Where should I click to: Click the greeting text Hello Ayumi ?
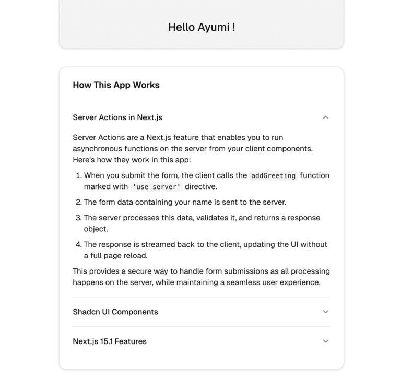click(202, 27)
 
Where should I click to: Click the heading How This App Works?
click(116, 85)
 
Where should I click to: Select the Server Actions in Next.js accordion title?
click(117, 117)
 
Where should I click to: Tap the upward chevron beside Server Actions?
click(326, 117)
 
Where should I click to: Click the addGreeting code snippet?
click(273, 176)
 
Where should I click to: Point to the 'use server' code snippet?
click(156, 187)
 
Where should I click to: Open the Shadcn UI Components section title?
click(115, 312)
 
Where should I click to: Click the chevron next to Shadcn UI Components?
click(326, 312)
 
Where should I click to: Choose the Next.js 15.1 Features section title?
click(110, 341)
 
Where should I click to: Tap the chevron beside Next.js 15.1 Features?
click(326, 341)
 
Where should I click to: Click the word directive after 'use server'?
click(200, 186)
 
